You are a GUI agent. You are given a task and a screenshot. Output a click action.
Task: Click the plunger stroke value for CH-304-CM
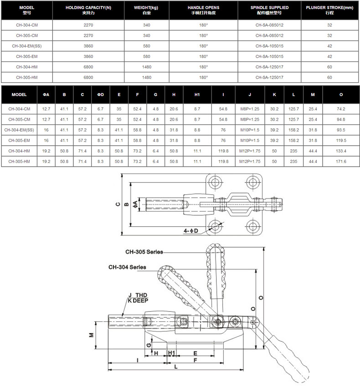click(329, 25)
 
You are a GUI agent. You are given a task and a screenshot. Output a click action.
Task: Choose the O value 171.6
click(341, 162)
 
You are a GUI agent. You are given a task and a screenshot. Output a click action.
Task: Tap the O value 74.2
click(341, 109)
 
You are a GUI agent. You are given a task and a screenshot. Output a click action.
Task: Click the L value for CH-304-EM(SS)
click(294, 130)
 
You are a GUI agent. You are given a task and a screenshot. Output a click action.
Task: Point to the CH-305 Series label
click(144, 252)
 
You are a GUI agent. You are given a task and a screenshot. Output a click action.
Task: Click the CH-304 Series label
click(127, 267)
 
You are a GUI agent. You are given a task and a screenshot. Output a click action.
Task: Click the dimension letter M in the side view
click(91, 335)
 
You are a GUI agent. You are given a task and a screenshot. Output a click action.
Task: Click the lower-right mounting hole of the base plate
click(254, 225)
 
